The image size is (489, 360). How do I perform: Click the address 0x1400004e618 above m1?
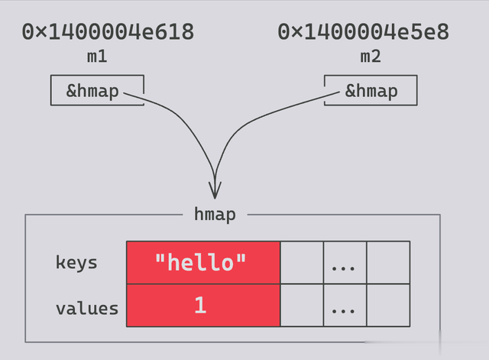[x=108, y=32]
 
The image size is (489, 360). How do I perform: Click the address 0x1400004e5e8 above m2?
[x=364, y=32]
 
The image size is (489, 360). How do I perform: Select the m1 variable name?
[x=97, y=57]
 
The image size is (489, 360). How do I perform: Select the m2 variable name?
[x=371, y=57]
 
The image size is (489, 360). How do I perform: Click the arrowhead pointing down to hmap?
[x=215, y=190]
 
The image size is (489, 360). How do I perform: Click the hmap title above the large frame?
[x=215, y=215]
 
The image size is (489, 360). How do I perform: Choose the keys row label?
[x=76, y=263]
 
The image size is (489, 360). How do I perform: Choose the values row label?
[x=87, y=309]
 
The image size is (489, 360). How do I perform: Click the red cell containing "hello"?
[x=203, y=262]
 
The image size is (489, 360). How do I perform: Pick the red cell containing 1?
[x=203, y=306]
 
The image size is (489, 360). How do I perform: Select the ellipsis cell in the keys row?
[x=345, y=262]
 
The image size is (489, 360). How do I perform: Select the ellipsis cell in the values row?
[x=345, y=306]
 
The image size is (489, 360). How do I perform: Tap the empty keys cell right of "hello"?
[x=302, y=262]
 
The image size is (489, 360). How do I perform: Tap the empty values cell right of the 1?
[x=302, y=306]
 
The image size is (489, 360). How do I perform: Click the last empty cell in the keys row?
[x=388, y=262]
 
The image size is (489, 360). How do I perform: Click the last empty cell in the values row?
[x=388, y=306]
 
